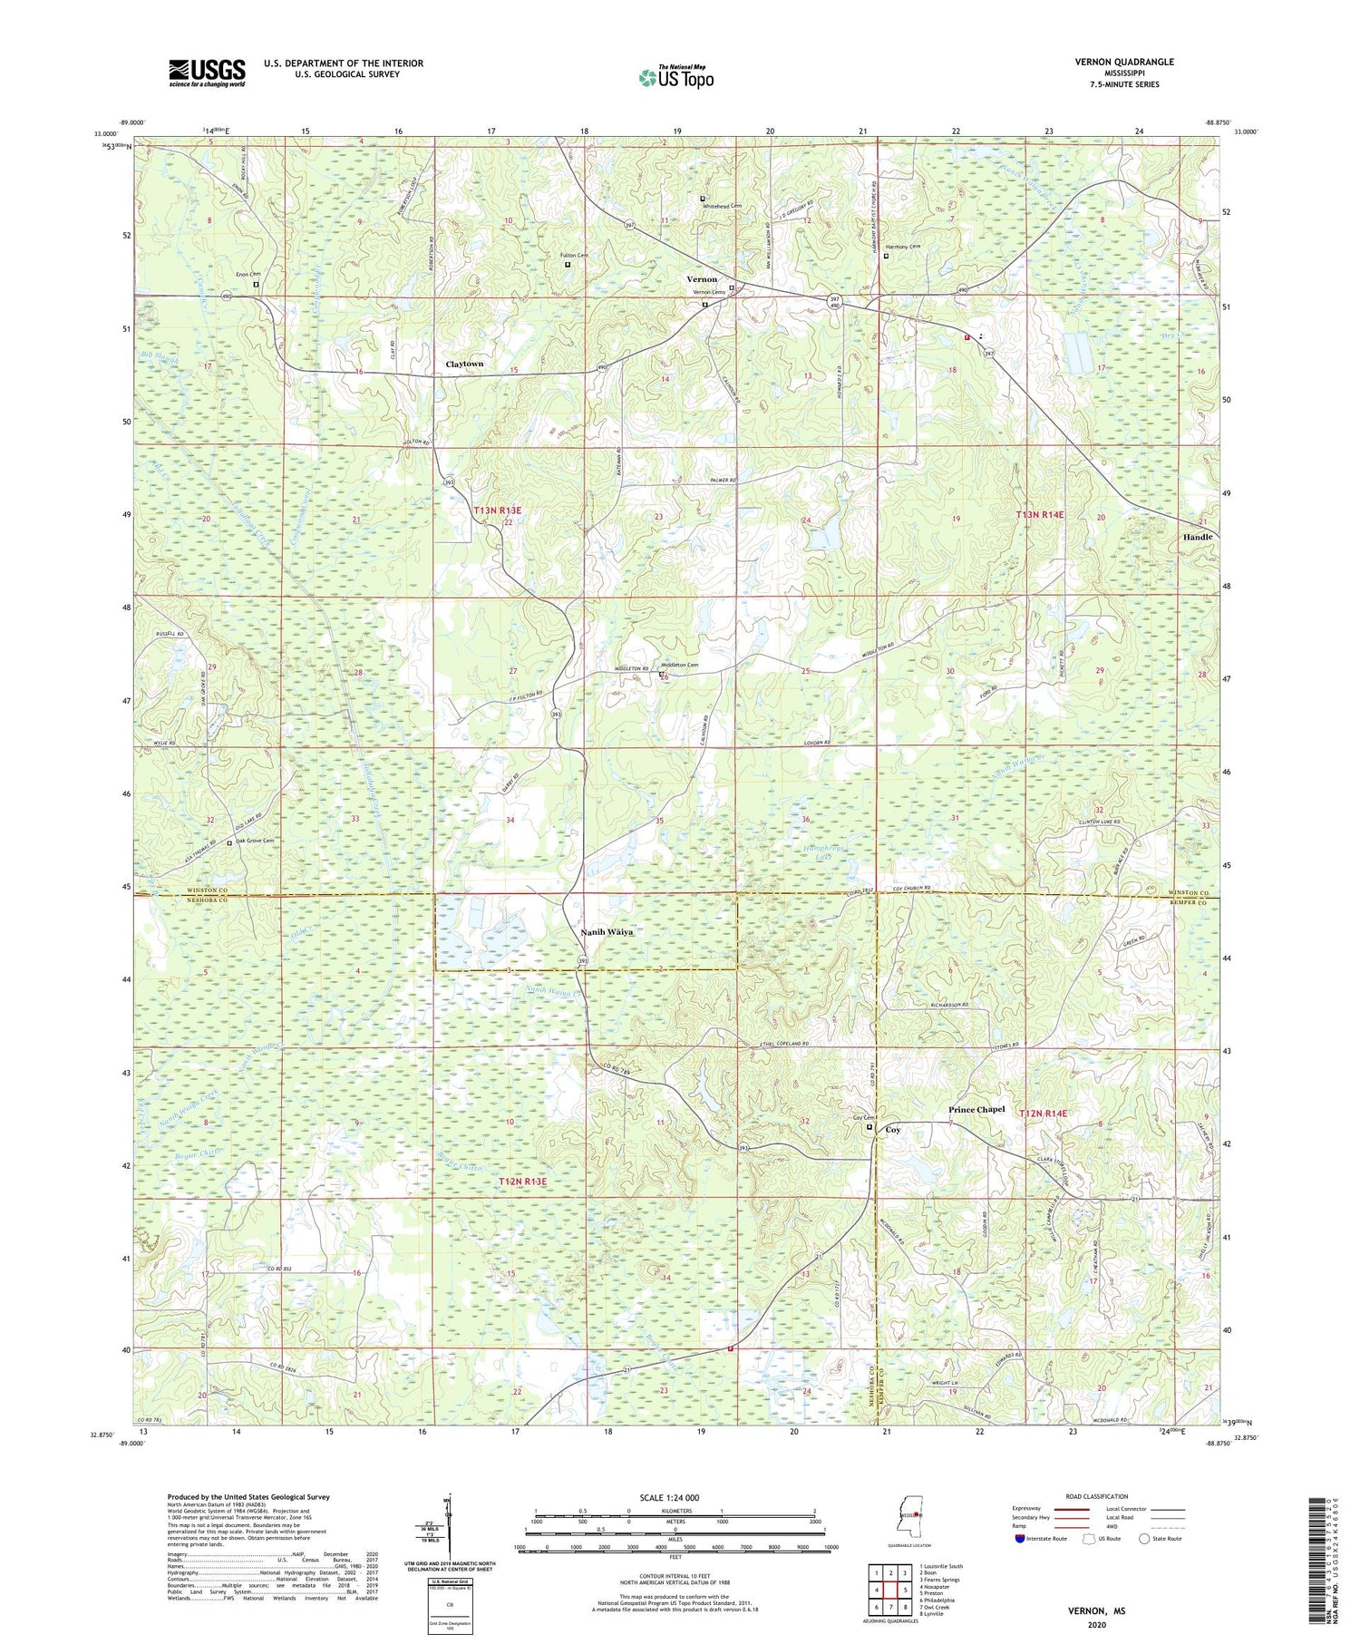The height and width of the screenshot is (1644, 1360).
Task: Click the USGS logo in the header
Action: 207,73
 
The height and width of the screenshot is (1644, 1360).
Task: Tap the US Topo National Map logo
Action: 675,77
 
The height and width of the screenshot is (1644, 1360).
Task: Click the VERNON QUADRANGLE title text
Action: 1124,62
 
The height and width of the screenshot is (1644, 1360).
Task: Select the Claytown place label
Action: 464,364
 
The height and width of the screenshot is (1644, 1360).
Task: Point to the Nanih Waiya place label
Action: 607,931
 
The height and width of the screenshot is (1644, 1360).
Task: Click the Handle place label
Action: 1197,537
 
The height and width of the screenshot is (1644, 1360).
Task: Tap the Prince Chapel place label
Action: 976,1110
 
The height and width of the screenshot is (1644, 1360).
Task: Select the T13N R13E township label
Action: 498,511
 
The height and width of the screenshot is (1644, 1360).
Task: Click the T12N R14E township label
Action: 1043,1113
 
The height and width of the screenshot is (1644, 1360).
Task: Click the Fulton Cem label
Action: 574,256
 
